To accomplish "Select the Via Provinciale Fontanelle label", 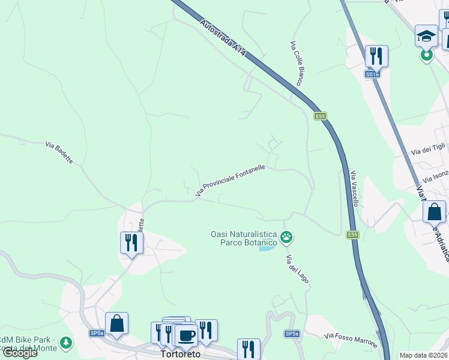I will point(231,180).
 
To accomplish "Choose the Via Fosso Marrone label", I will point(351,340).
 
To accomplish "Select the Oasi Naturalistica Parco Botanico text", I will point(243,238).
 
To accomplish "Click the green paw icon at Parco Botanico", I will point(288,238).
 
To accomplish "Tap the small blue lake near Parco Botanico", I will point(268,248).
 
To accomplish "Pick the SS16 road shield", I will point(372,74).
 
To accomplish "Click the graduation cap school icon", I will point(426,36).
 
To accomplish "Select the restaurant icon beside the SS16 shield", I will point(376,56).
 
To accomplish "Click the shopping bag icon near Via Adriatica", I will point(434,212).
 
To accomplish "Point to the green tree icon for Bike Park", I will point(65,343).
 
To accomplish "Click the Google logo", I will point(20,353).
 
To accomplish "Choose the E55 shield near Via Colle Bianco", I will point(320,116).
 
